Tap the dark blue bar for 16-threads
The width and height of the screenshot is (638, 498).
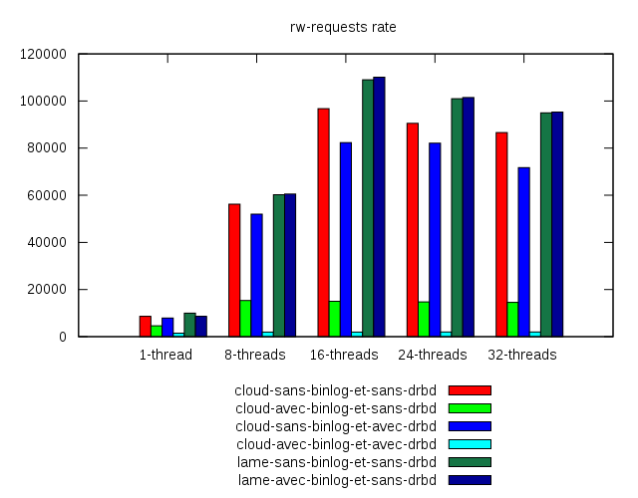(379, 206)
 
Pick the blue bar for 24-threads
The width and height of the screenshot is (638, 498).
(435, 239)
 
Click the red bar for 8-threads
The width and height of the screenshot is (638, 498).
(234, 270)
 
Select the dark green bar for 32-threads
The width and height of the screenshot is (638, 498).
(546, 224)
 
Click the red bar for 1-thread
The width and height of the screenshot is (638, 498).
(146, 326)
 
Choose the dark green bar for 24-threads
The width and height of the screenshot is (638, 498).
(457, 217)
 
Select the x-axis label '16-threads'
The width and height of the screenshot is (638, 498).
(344, 355)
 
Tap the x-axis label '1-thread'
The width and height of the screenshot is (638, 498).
(165, 355)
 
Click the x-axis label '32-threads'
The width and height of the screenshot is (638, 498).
(522, 355)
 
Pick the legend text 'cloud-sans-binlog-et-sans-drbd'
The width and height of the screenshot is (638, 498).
(335, 390)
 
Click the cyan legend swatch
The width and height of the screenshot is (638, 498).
(470, 444)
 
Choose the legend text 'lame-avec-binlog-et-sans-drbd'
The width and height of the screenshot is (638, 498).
(337, 480)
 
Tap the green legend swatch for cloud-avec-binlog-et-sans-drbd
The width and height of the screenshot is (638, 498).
(470, 408)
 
